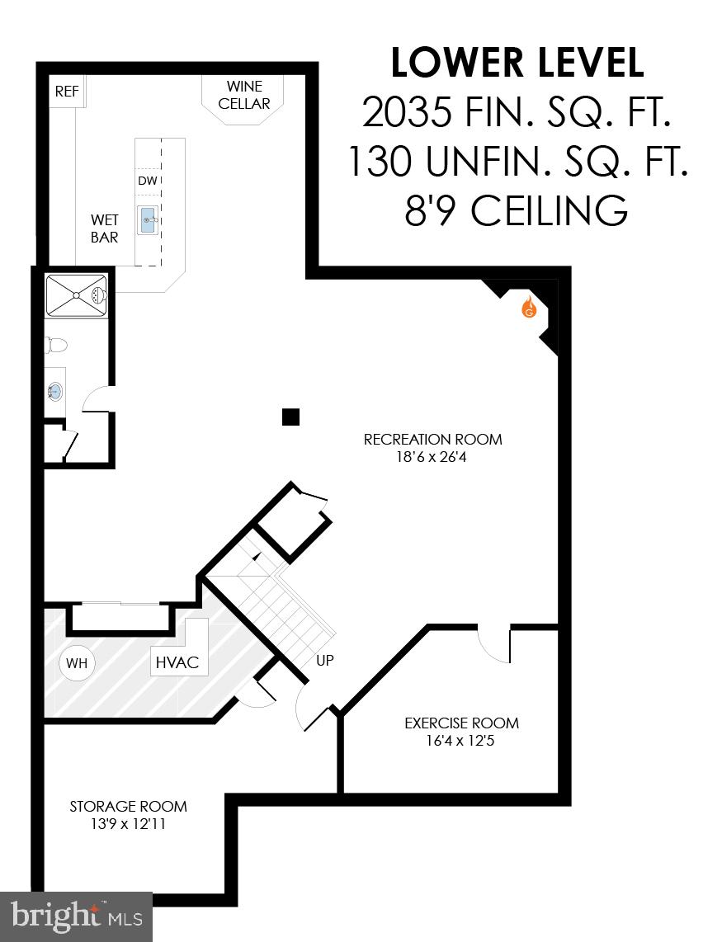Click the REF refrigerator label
(67, 92)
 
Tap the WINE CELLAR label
(244, 95)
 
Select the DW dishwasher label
(147, 181)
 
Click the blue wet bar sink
(149, 220)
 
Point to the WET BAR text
(105, 228)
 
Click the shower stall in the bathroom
(77, 295)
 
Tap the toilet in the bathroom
(56, 345)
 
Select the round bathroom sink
(56, 391)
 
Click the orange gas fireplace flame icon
(528, 309)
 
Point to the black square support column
(290, 417)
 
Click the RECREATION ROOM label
(432, 439)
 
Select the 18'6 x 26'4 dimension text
(432, 456)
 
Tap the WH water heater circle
(77, 663)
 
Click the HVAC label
(177, 662)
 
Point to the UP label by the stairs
(324, 661)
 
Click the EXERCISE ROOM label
(461, 723)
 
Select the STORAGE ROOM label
(128, 806)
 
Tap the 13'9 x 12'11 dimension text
(128, 823)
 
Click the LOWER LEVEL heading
(517, 63)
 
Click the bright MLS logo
(76, 916)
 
